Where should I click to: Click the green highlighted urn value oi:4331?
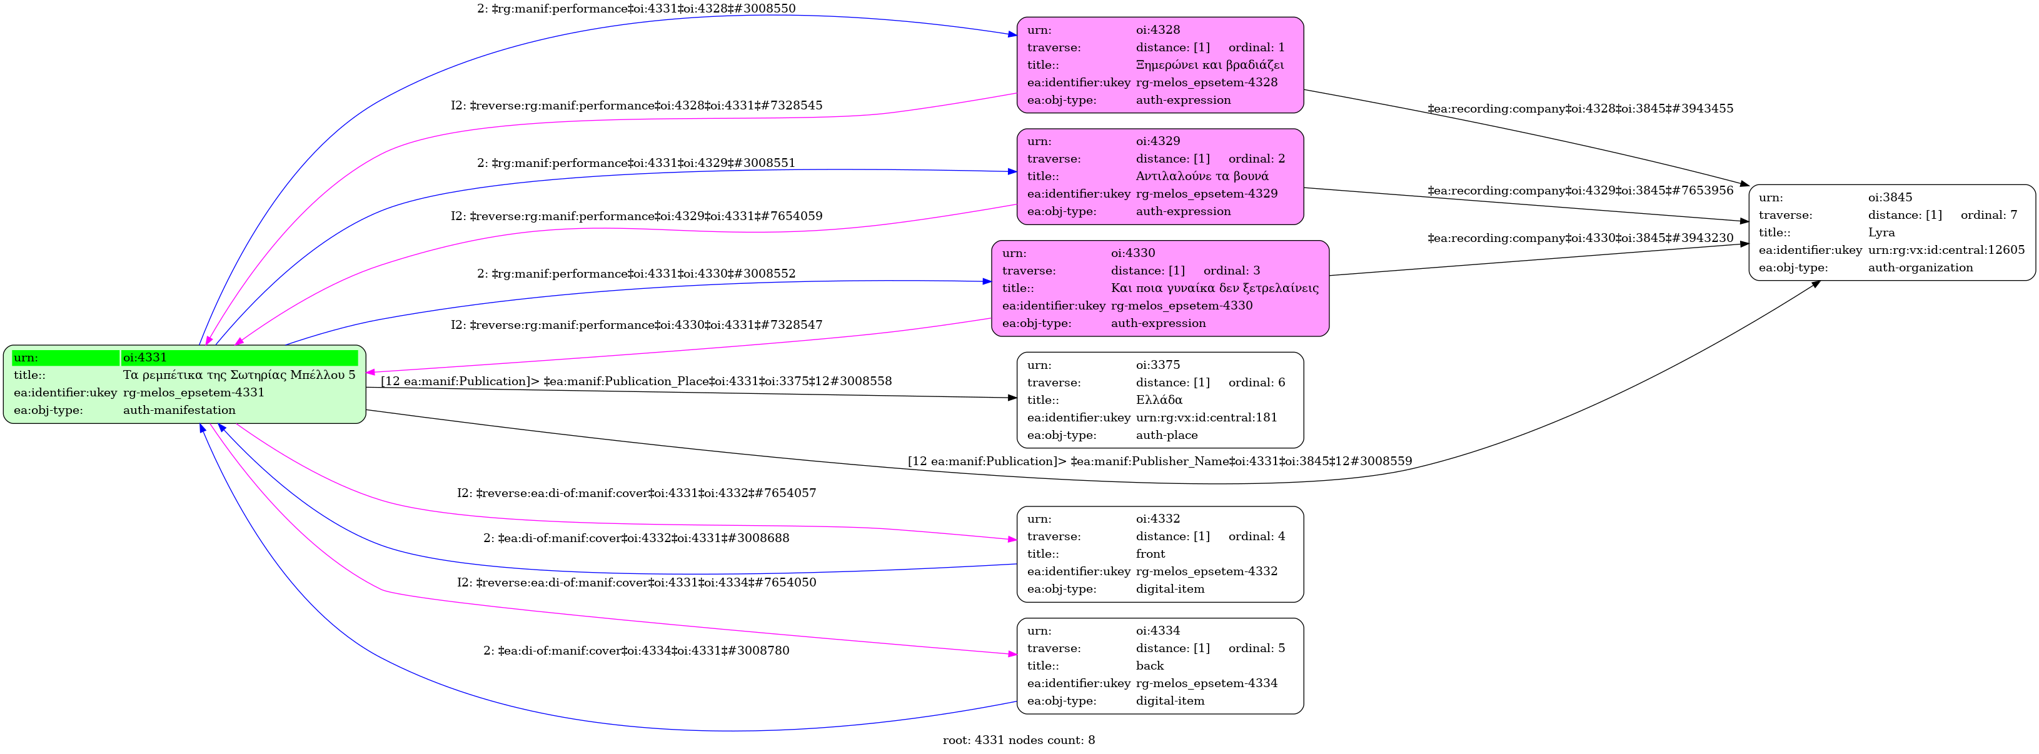pos(145,358)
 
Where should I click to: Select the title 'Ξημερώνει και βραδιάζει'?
pos(1209,65)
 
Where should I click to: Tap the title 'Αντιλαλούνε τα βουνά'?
pos(1202,176)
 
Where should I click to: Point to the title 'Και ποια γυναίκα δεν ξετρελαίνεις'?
pos(1214,288)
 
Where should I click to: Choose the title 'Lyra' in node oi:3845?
pos(1881,233)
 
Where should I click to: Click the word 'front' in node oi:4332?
pos(1150,554)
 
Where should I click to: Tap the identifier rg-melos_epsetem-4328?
pos(1206,83)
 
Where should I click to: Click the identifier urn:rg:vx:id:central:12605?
pos(1946,250)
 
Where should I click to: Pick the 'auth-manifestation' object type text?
pos(179,410)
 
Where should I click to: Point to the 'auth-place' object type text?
pos(1167,435)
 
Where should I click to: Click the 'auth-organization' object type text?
pos(1920,268)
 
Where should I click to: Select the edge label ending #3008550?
pos(636,9)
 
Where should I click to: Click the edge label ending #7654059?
pos(637,216)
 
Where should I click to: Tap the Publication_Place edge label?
pos(637,381)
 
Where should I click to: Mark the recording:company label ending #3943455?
pos(1580,108)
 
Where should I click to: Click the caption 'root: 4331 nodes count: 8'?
pos(1019,740)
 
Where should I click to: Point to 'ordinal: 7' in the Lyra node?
pos(1988,215)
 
